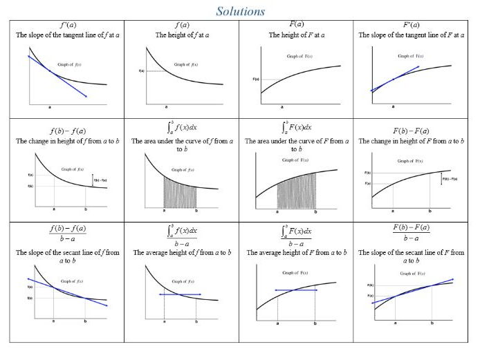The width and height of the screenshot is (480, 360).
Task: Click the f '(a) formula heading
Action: [66, 26]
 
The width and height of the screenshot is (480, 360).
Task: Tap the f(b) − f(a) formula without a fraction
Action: [66, 130]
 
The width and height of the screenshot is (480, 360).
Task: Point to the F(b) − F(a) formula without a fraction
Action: [413, 130]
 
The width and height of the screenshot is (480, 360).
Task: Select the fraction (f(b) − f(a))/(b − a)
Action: [66, 234]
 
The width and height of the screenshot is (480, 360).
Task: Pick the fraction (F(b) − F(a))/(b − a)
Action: [413, 234]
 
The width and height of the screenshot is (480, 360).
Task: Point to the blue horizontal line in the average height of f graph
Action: [180, 294]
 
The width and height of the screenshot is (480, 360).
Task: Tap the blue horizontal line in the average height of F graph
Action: [295, 290]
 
